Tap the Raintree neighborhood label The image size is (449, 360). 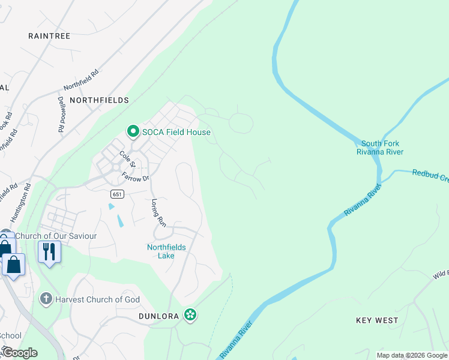49,36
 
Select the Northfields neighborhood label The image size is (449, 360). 99,100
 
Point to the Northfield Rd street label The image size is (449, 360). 80,78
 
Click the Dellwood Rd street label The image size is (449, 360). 61,114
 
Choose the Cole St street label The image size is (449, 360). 126,159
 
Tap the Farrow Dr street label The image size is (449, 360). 135,176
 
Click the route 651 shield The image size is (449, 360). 117,194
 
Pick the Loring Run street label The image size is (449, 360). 158,212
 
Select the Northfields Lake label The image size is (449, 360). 166,251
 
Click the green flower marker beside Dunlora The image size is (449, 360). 190,314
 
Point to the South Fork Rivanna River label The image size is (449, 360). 380,148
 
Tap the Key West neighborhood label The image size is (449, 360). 376,320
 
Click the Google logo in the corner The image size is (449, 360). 20,353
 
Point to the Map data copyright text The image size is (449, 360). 411,355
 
